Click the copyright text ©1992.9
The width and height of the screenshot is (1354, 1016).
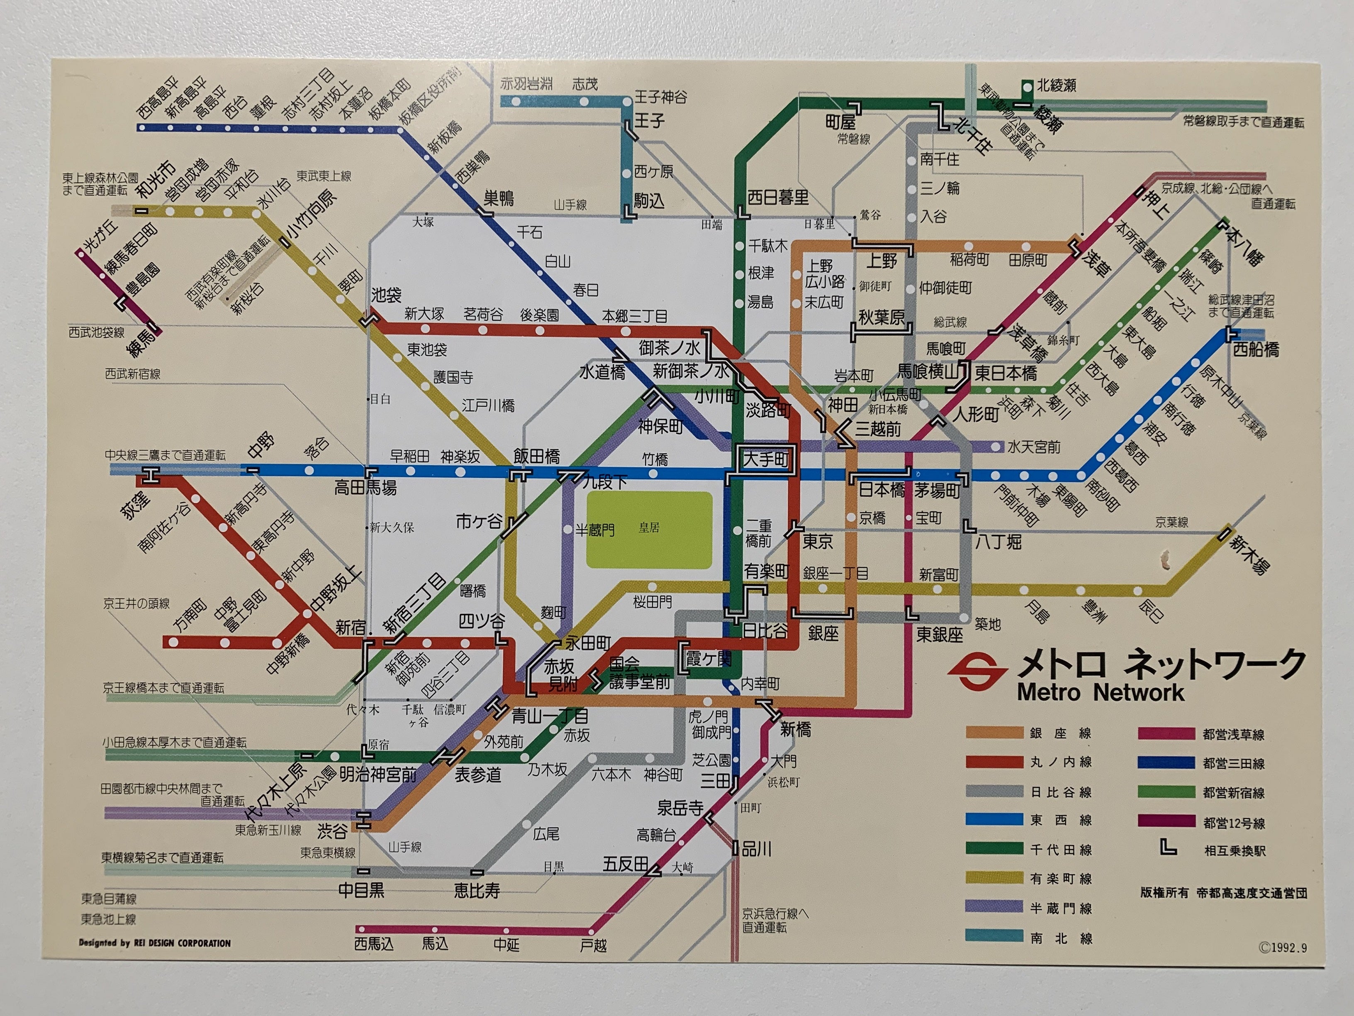[x=1282, y=948]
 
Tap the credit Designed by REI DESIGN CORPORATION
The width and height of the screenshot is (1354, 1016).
[x=155, y=943]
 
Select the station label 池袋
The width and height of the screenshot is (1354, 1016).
[x=386, y=295]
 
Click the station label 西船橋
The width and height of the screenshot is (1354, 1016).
[x=1256, y=350]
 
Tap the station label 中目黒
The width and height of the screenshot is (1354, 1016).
[x=361, y=890]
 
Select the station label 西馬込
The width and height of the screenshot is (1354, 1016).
[x=374, y=944]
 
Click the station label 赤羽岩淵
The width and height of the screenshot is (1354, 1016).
[x=526, y=84]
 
